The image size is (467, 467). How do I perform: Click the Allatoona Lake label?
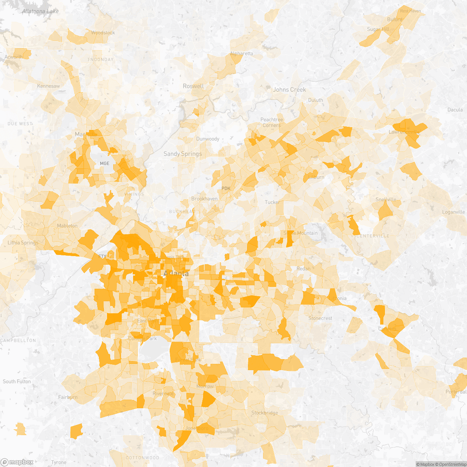coord(40,11)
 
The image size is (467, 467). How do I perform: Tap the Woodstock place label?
coord(103,33)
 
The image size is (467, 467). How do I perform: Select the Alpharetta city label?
coord(241,54)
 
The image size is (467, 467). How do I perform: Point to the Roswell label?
coord(193,86)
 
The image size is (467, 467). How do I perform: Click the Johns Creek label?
coord(289,90)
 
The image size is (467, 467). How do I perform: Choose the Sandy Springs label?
coord(183,154)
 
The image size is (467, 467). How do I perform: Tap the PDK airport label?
coord(226,188)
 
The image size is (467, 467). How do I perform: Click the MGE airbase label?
coord(105,163)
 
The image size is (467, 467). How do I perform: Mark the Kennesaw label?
coord(48,86)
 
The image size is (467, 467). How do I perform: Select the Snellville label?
coord(386,200)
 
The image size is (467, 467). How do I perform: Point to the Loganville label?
coord(453,212)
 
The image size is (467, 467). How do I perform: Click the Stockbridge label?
coord(265,413)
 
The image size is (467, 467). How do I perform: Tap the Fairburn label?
coord(68,397)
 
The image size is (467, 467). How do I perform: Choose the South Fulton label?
coord(17,381)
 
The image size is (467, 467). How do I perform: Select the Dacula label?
coord(455,110)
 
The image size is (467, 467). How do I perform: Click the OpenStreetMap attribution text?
coord(451,464)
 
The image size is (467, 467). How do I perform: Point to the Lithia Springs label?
coord(23,243)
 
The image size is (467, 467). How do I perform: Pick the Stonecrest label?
coord(320,318)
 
